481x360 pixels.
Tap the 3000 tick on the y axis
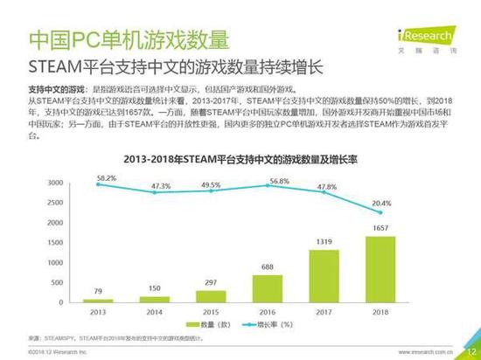(x=55, y=183)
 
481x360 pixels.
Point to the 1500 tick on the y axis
(x=55, y=242)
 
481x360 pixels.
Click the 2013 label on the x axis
(x=98, y=311)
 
